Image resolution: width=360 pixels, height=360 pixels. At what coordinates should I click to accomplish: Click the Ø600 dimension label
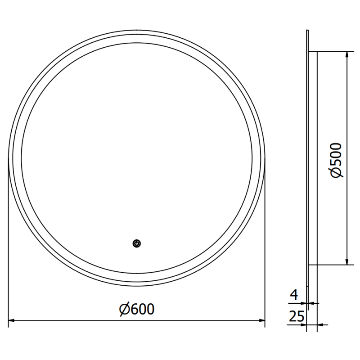click(x=136, y=309)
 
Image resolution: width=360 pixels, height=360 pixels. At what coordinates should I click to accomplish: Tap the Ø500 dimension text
click(x=336, y=160)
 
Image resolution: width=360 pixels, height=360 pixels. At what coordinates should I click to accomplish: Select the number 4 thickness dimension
click(x=294, y=295)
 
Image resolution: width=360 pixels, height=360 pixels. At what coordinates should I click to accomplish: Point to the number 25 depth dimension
click(x=296, y=317)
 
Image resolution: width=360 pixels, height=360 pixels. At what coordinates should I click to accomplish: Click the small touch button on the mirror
click(x=137, y=243)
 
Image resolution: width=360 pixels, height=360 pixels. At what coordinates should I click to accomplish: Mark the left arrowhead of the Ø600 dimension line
click(x=12, y=321)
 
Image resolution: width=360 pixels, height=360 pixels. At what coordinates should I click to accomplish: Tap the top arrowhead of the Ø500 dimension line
click(x=346, y=54)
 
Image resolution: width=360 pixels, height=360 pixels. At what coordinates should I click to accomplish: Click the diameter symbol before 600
click(x=125, y=309)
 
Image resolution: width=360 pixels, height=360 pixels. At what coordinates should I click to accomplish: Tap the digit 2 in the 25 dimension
click(x=292, y=317)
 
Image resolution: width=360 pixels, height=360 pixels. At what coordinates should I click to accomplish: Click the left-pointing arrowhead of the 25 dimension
click(x=320, y=324)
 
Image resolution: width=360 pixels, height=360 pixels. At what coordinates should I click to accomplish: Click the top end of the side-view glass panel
click(x=307, y=32)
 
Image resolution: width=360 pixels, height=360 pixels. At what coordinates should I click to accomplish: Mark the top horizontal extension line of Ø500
click(x=333, y=51)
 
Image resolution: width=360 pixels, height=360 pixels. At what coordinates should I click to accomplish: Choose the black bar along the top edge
click(x=180, y=12)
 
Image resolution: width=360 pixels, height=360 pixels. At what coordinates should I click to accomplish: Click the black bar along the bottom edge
click(x=180, y=348)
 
